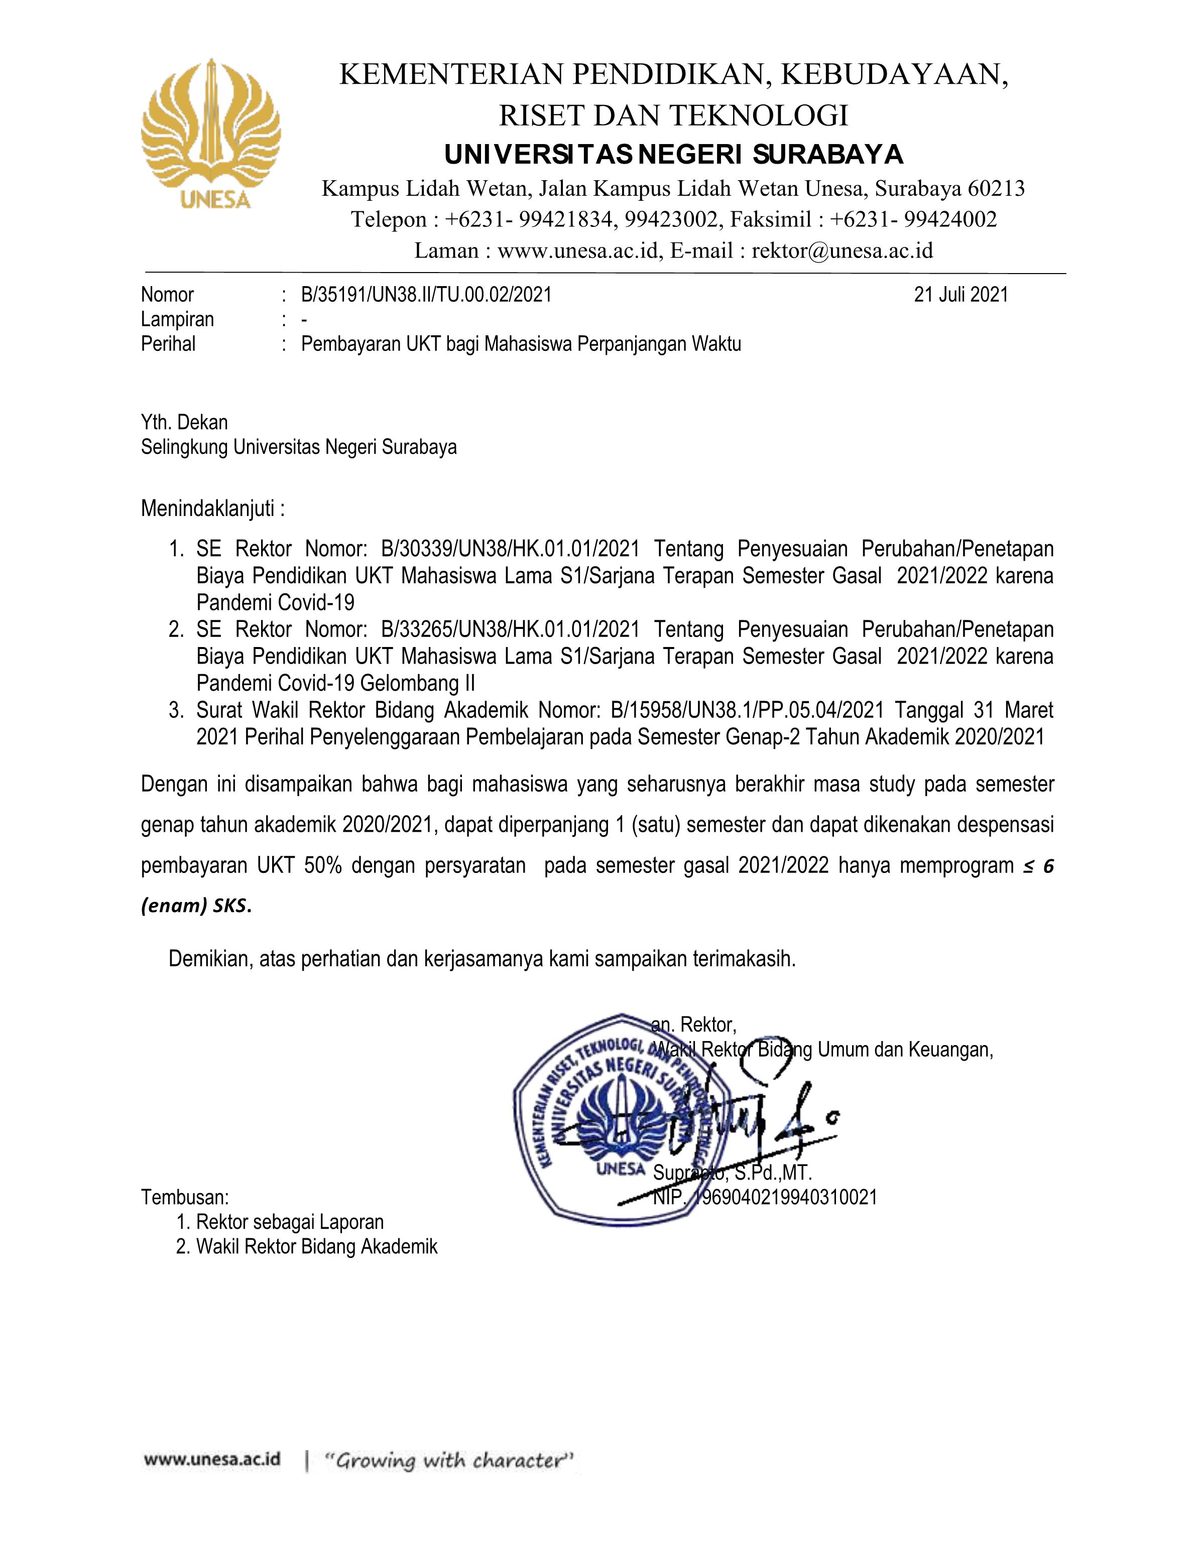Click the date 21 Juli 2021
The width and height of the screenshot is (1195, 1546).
click(x=961, y=295)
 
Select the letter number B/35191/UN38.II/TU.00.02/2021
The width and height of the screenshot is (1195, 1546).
click(x=426, y=295)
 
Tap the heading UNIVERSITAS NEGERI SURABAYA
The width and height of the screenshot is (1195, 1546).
click(x=673, y=154)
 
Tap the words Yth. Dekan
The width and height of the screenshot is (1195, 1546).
click(x=184, y=423)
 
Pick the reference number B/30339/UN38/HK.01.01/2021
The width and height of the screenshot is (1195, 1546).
click(x=510, y=549)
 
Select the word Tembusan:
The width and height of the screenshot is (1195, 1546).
click(x=185, y=1198)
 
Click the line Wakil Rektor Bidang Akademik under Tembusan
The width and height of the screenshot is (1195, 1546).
click(x=316, y=1246)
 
